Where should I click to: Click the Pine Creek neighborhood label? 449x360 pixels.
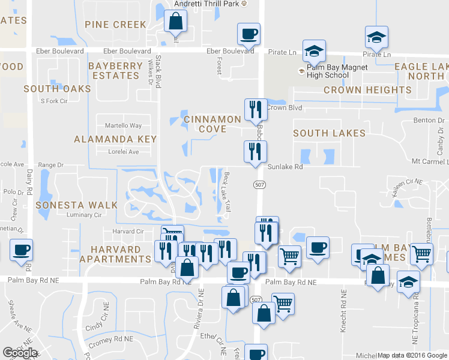pyautogui.click(x=115, y=25)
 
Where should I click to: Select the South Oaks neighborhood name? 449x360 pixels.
pyautogui.click(x=57, y=89)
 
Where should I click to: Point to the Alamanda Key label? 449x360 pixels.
pyautogui.click(x=115, y=139)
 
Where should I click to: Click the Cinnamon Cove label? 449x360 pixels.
pyautogui.click(x=212, y=124)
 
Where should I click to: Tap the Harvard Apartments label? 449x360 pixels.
pyautogui.click(x=119, y=254)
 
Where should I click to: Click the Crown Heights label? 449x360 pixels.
pyautogui.click(x=367, y=90)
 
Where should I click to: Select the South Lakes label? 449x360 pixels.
pyautogui.click(x=329, y=133)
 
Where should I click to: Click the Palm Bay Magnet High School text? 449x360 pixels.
pyautogui.click(x=332, y=71)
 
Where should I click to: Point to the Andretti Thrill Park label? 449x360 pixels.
pyautogui.click(x=206, y=4)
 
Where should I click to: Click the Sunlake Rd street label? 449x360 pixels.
pyautogui.click(x=285, y=167)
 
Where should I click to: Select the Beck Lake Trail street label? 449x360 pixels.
pyautogui.click(x=228, y=190)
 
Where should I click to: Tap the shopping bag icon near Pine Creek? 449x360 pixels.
pyautogui.click(x=174, y=22)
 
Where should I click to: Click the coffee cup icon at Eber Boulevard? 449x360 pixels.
pyautogui.click(x=248, y=34)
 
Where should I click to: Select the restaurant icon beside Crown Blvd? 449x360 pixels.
pyautogui.click(x=255, y=110)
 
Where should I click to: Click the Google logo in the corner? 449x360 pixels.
pyautogui.click(x=20, y=353)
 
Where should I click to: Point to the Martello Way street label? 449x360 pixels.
pyautogui.click(x=124, y=125)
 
